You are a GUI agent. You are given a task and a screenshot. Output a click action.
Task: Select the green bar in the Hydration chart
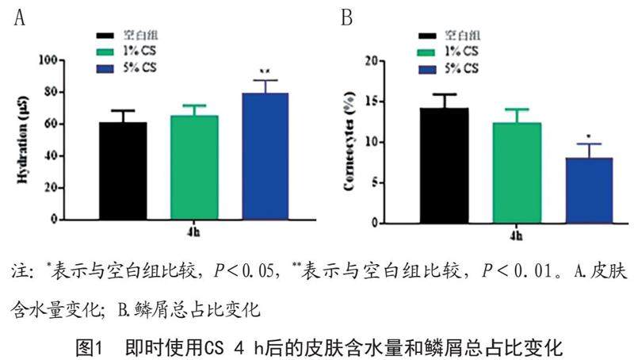[194, 167]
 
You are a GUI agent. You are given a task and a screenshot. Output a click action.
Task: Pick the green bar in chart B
[516, 173]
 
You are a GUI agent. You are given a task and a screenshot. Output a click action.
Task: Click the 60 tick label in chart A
[49, 124]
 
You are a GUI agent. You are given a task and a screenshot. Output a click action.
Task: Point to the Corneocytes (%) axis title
[348, 141]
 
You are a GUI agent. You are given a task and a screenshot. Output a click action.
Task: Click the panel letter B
[346, 17]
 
